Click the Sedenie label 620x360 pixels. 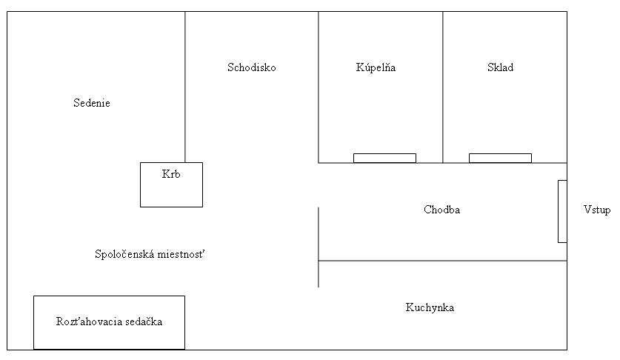[92, 103]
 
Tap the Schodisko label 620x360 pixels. [251, 67]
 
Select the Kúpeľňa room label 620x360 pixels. [376, 67]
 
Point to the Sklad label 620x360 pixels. [500, 67]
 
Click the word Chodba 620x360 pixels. [441, 210]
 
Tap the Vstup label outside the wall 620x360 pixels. [597, 210]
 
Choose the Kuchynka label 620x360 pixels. [430, 307]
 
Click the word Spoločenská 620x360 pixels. [124, 254]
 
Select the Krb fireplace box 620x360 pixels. [172, 184]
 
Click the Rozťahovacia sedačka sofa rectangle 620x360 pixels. [109, 322]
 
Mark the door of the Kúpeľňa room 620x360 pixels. [384, 159]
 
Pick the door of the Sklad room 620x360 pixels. [500, 159]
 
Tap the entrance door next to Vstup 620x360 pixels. [562, 211]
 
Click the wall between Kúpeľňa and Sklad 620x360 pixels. [443, 87]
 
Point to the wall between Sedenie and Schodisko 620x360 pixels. [185, 87]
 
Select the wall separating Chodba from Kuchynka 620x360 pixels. [442, 261]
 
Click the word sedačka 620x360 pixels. [144, 321]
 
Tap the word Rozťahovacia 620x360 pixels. [89, 321]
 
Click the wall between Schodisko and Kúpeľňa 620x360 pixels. [319, 87]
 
